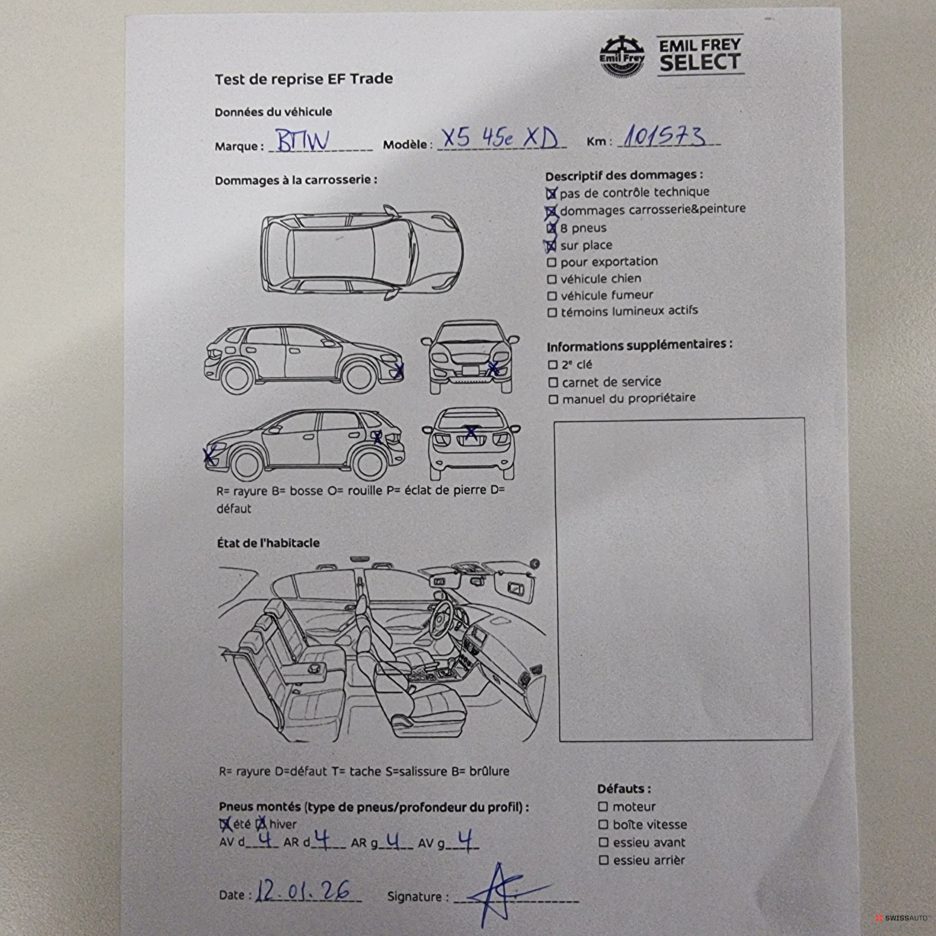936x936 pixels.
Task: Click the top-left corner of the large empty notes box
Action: tap(555, 421)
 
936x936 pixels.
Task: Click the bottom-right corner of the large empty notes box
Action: tap(812, 740)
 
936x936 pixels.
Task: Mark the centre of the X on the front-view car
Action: tap(493, 369)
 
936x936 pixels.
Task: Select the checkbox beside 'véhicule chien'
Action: tap(551, 280)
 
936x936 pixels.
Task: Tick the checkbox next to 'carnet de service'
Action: tap(553, 383)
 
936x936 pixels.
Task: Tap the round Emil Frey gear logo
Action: tap(623, 56)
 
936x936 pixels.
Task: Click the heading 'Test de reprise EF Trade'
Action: tap(304, 79)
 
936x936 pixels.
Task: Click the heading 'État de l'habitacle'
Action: tap(268, 542)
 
